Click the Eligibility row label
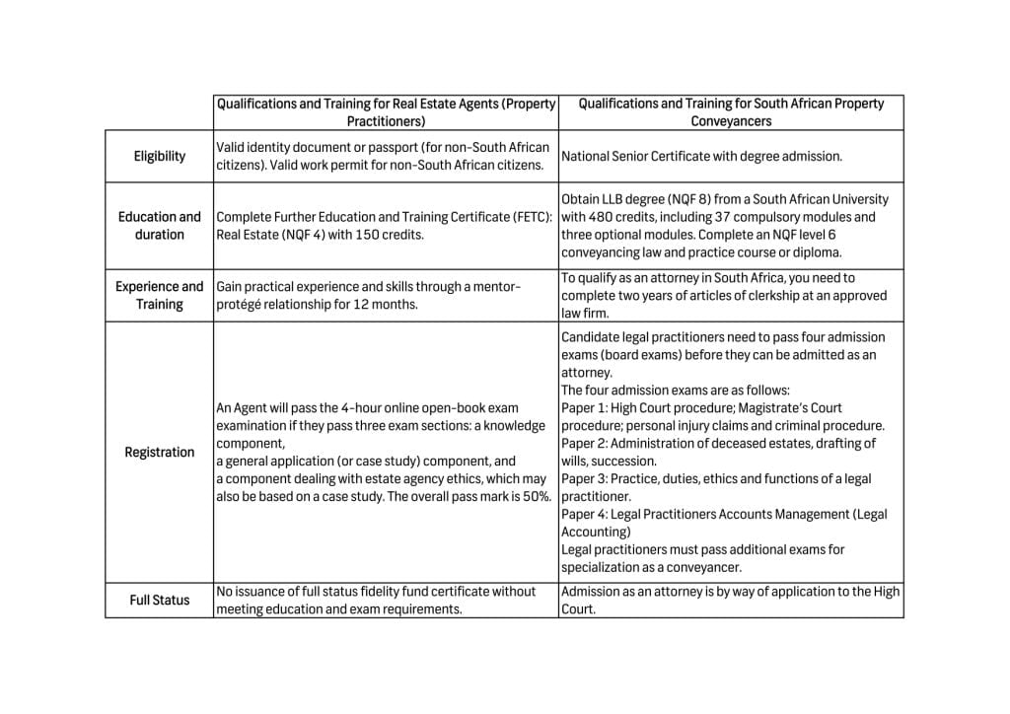pyautogui.click(x=159, y=156)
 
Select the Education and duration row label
pyautogui.click(x=159, y=226)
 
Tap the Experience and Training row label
pyautogui.click(x=159, y=295)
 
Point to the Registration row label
pyautogui.click(x=159, y=452)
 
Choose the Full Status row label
pyautogui.click(x=159, y=600)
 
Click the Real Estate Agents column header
pyautogui.click(x=386, y=111)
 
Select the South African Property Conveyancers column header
pyautogui.click(x=731, y=111)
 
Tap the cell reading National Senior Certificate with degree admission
pyautogui.click(x=701, y=156)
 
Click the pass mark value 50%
pyautogui.click(x=536, y=496)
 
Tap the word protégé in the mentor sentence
pyautogui.click(x=241, y=304)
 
